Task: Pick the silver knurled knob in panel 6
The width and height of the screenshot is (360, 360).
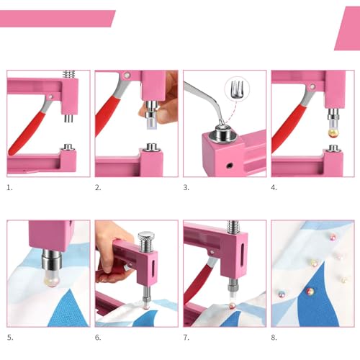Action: [146, 236]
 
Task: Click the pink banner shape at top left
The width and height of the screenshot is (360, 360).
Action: [58, 18]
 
